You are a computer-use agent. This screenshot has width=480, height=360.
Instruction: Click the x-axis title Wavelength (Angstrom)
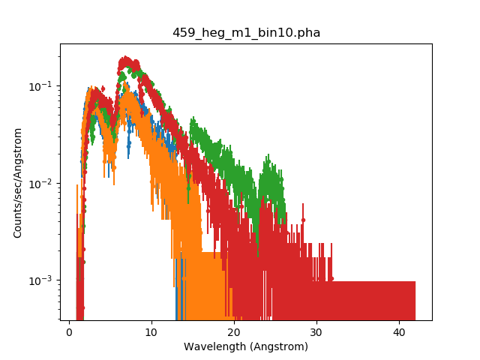[x=246, y=346]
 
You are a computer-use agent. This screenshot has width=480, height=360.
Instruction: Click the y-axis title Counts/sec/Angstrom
[x=17, y=182]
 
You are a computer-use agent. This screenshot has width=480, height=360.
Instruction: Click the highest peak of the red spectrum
[x=126, y=58]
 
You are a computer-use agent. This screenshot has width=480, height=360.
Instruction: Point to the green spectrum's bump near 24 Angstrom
[x=267, y=160]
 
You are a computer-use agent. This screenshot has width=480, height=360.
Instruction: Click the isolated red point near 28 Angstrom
[x=304, y=220]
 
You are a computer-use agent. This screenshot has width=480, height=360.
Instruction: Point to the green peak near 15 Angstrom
[x=193, y=119]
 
